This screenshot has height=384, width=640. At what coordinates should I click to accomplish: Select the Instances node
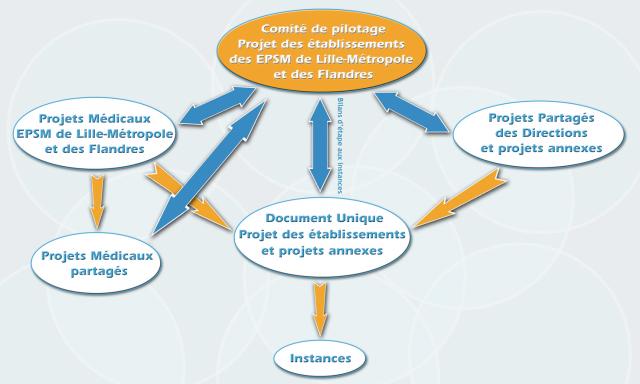pyautogui.click(x=320, y=356)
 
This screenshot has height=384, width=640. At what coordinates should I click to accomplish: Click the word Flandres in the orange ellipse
pyautogui.click(x=347, y=74)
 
